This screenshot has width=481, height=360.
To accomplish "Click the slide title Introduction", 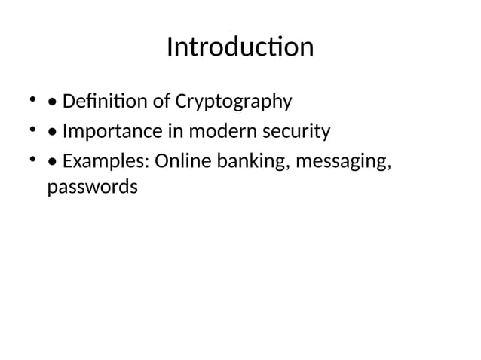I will point(240,47).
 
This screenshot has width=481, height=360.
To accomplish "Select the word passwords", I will point(92,186).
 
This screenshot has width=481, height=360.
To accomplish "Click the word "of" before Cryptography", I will point(161,100).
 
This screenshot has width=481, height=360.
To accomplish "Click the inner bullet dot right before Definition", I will point(52,101).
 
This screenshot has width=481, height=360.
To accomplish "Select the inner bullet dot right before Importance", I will point(52,133).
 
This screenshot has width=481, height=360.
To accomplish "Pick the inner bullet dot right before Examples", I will point(52,163).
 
